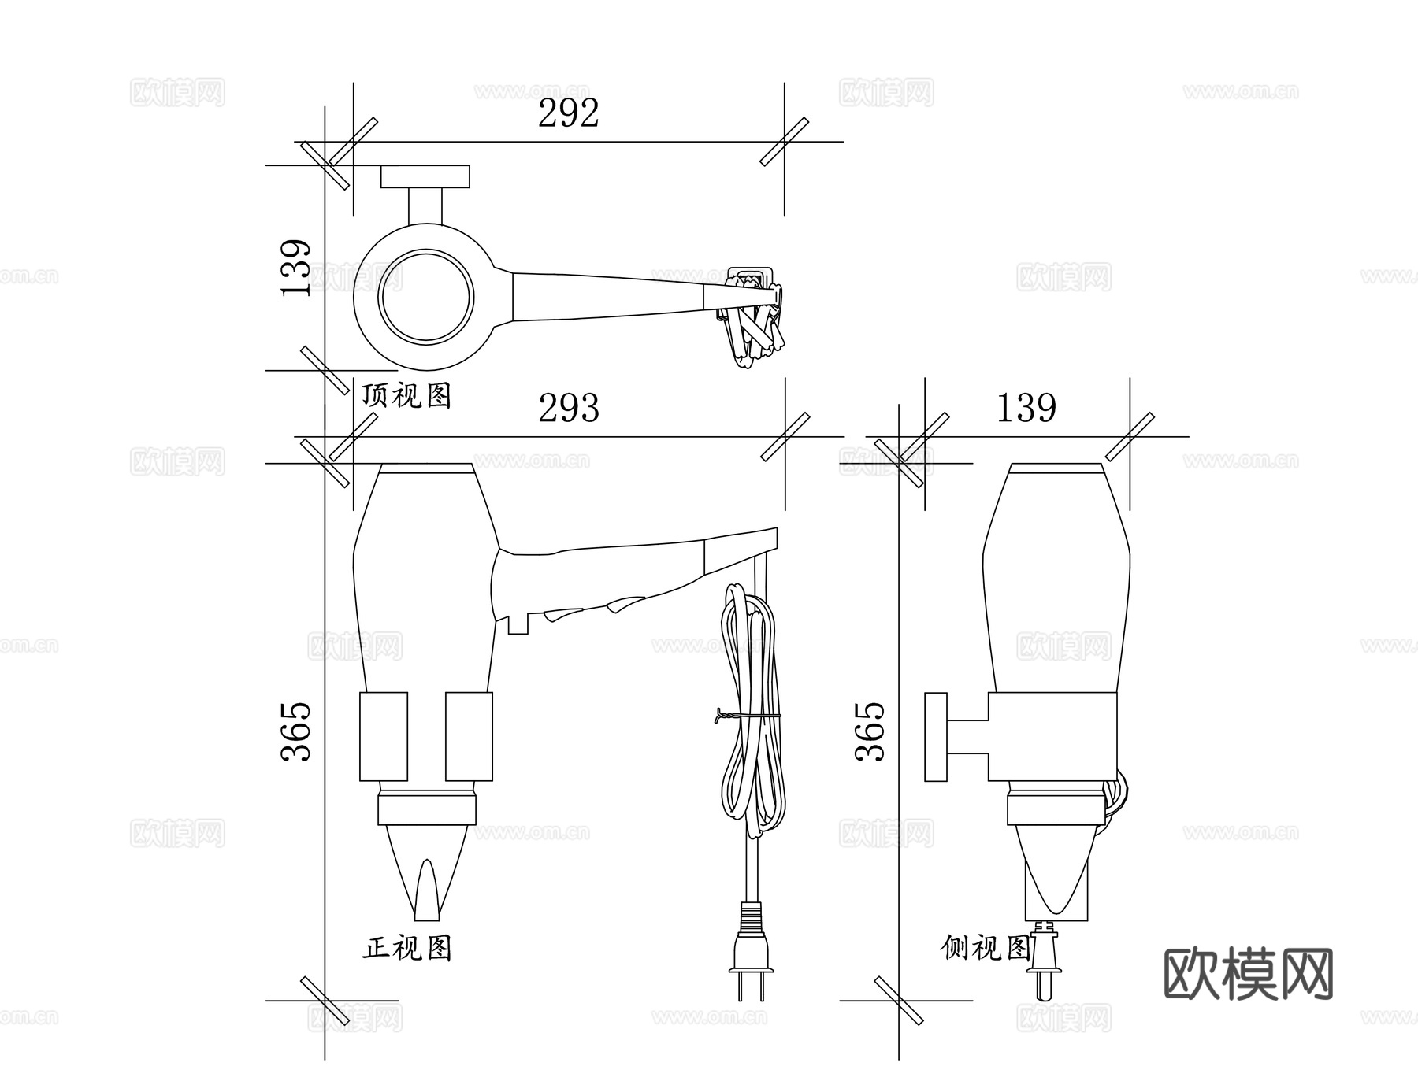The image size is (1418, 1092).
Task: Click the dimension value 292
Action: coord(568,113)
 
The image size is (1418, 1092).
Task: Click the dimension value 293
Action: coord(568,408)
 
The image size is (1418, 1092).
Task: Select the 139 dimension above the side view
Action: coord(1026,408)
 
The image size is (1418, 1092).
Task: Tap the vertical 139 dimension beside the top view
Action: coord(297,268)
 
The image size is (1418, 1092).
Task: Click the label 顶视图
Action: coord(406,394)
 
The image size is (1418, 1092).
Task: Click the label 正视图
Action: coord(406,948)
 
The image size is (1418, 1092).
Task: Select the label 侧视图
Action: coord(986,947)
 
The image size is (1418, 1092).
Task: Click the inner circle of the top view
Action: coord(426,297)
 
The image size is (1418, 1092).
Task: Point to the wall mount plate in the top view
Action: coord(425,176)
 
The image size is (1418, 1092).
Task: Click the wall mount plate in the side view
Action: coord(936,737)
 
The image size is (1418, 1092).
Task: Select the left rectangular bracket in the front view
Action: coord(384,737)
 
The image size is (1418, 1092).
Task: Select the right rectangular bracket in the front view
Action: coord(469,737)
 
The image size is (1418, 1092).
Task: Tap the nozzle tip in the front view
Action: coord(427,898)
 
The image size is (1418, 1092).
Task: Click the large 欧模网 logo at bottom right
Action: coord(1248,974)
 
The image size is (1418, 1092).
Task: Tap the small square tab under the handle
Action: coord(518,624)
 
